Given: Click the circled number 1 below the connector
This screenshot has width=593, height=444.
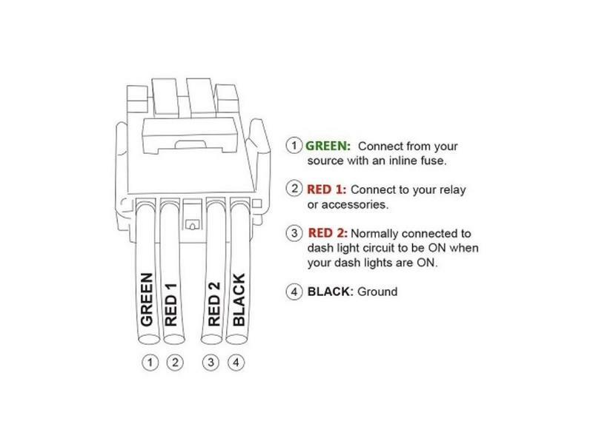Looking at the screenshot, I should [x=152, y=363].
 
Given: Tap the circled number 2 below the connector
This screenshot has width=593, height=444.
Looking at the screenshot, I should [x=175, y=363].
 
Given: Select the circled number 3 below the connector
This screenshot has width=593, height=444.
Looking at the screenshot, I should [x=211, y=363].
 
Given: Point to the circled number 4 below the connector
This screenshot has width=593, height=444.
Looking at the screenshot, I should [x=234, y=363].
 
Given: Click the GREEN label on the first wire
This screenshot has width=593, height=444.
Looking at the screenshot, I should [x=147, y=300].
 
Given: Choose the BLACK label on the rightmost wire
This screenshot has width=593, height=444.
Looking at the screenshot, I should [x=239, y=300].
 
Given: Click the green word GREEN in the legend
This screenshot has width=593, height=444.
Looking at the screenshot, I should [x=328, y=146].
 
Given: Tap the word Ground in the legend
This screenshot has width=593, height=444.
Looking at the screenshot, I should [x=377, y=292].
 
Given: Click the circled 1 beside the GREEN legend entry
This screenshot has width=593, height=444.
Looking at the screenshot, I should [x=295, y=146].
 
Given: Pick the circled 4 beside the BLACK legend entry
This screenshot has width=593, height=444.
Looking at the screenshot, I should [x=295, y=292].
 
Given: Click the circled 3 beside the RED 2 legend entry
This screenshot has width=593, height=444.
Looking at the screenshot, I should [x=295, y=232].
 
